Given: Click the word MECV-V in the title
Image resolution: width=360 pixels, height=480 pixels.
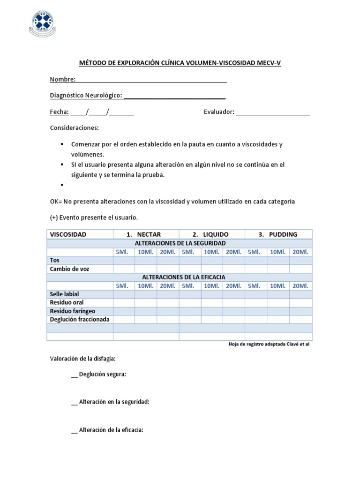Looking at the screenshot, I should coord(269,62).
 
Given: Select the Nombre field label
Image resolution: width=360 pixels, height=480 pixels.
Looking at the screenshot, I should coord(62,79).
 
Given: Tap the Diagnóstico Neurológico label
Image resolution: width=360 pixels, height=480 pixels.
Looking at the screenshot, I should coord(86,96).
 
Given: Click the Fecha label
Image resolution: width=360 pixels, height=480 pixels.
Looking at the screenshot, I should coord(59,112).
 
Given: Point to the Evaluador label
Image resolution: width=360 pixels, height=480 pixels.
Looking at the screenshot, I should coord(218,112).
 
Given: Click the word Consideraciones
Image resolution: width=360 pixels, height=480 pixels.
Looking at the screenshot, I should coord(74,128).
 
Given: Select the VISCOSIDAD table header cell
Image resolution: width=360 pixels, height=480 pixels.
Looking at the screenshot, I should coord(68,234).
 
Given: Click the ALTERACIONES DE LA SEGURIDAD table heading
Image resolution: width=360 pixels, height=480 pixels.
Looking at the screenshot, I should coord(180,243).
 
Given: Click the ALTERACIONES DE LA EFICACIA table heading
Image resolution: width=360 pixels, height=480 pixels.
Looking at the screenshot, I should coord(180,277).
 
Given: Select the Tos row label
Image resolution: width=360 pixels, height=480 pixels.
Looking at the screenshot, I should coord(55,260).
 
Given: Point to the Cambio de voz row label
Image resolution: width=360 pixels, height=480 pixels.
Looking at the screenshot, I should coord(69,269).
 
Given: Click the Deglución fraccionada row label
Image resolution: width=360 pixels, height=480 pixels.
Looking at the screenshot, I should coord(79,319).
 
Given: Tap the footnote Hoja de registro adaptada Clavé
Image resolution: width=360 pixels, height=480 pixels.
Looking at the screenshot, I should coord(269,344).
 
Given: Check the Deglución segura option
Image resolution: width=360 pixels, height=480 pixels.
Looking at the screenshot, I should coord(102,374).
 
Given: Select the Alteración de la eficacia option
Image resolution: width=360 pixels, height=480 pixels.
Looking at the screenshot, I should coord(111,430).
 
